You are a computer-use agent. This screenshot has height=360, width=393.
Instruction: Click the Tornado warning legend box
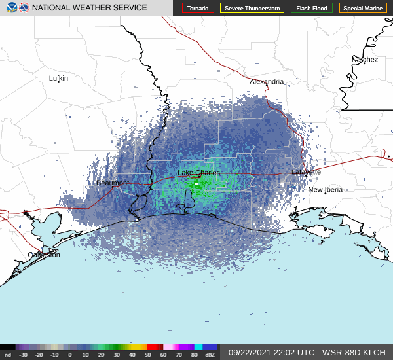pyautogui.click(x=198, y=9)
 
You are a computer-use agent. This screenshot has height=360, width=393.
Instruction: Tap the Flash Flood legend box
pyautogui.click(x=312, y=9)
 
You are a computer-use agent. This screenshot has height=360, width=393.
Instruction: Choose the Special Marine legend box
pyautogui.click(x=364, y=9)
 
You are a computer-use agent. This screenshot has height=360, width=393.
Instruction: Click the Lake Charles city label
pyautogui.click(x=198, y=173)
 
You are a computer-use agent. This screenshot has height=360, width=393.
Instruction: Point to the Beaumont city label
pyautogui.click(x=113, y=183)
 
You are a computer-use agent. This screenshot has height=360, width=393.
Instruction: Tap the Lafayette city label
pyautogui.click(x=306, y=171)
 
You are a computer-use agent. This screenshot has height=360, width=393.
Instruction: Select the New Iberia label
pyautogui.click(x=325, y=190)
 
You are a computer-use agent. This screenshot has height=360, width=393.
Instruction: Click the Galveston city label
pyautogui.click(x=44, y=255)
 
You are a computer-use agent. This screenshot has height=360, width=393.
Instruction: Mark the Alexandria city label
pyautogui.click(x=267, y=82)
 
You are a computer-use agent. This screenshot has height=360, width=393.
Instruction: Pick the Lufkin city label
pyautogui.click(x=58, y=78)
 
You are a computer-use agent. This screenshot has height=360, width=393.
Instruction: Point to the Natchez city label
pyautogui.click(x=365, y=60)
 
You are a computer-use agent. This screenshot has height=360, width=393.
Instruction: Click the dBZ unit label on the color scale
pyautogui.click(x=210, y=355)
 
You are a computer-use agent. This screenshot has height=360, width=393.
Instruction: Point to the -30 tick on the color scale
pyautogui.click(x=23, y=355)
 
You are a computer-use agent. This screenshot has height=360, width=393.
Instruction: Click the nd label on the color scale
pyautogui.click(x=7, y=355)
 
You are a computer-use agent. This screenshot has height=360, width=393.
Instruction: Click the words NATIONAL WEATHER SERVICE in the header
pyautogui.click(x=90, y=8)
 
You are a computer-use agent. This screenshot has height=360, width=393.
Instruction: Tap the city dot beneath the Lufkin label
pyautogui.click(x=58, y=83)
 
